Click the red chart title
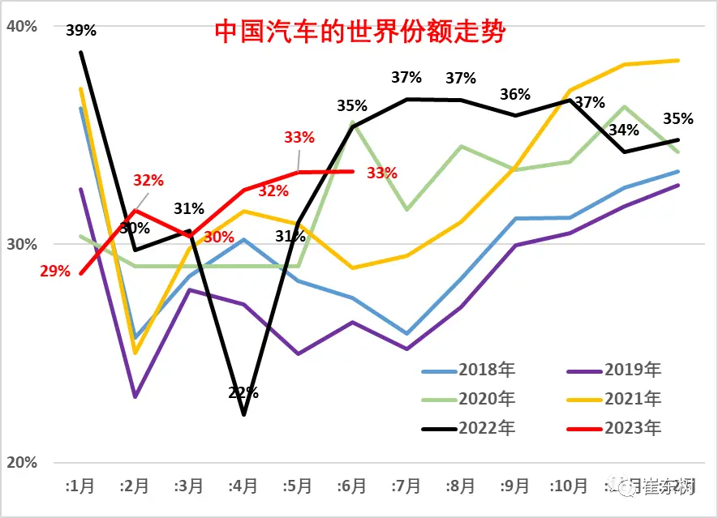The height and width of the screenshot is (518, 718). (x=359, y=32)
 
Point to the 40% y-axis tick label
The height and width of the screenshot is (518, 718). (x=22, y=26)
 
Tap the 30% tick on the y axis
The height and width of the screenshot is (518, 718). (x=22, y=244)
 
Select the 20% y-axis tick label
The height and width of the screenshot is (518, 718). (x=22, y=462)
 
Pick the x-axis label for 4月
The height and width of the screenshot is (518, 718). (x=243, y=486)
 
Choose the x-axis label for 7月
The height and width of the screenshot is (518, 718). (x=406, y=486)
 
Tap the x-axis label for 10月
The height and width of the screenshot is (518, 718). (x=568, y=486)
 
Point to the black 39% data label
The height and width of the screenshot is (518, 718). (x=81, y=31)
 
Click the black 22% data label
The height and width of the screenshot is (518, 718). (x=243, y=393)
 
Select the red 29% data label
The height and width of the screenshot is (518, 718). (x=55, y=272)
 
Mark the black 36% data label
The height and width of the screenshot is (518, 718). (x=515, y=94)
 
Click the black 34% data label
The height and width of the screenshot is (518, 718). (x=623, y=130)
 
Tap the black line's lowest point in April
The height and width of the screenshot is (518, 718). (x=243, y=415)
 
